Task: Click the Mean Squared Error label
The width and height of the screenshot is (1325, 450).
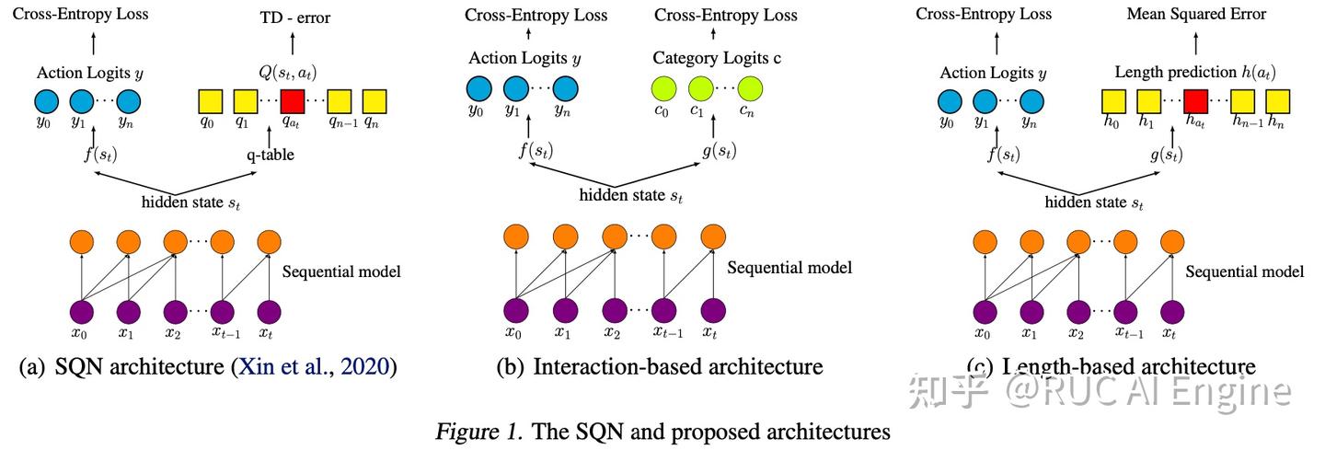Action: click(1196, 14)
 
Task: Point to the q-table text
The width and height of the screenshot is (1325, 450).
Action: click(270, 155)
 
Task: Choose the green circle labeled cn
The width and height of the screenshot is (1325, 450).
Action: click(749, 88)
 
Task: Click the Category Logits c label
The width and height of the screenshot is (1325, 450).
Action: click(717, 58)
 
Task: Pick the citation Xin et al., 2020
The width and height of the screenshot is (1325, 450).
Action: click(315, 367)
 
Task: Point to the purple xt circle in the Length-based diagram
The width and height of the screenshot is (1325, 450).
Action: click(1171, 311)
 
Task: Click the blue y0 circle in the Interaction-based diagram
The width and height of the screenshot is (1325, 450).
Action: click(478, 88)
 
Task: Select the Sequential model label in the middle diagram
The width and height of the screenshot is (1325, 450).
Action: click(789, 268)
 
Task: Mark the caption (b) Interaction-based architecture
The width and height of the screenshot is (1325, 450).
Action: click(659, 367)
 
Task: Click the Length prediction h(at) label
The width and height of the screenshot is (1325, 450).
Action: click(1194, 72)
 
